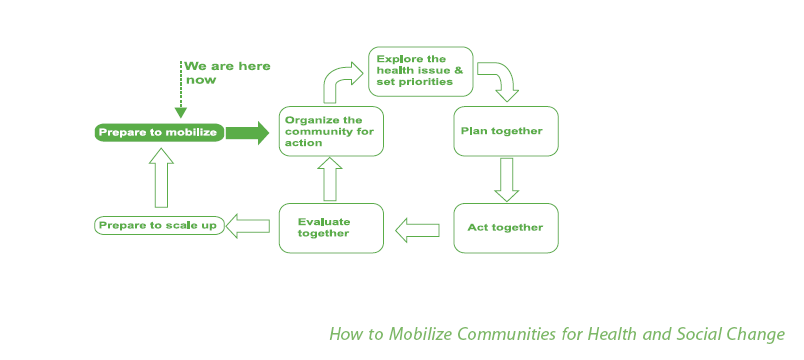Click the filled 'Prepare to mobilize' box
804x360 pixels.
[x=158, y=132]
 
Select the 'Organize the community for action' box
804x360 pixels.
[x=331, y=131]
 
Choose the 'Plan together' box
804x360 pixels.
[x=505, y=131]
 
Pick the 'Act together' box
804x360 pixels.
[x=505, y=228]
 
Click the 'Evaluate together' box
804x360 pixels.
[x=331, y=227]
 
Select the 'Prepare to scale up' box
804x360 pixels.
[x=158, y=226]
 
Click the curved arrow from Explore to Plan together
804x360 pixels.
[x=498, y=81]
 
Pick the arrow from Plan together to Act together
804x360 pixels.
[x=506, y=179]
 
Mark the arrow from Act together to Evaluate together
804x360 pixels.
[x=418, y=230]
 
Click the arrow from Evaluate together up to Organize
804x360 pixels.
[x=331, y=179]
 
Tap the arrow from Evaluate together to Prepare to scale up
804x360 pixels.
[x=249, y=226]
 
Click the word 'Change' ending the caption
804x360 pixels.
[x=759, y=334]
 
